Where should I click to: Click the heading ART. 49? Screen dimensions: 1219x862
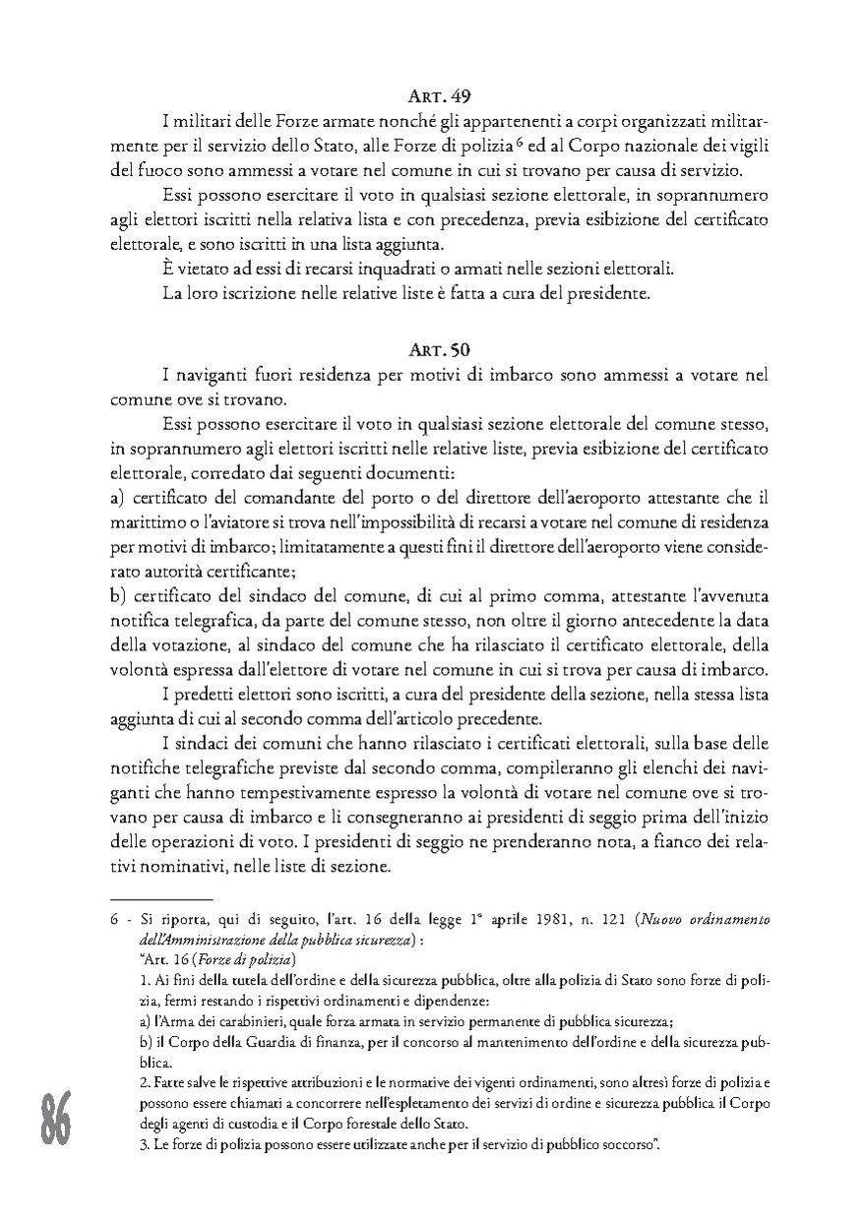point(439,97)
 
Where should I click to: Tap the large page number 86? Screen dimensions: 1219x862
point(55,1119)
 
